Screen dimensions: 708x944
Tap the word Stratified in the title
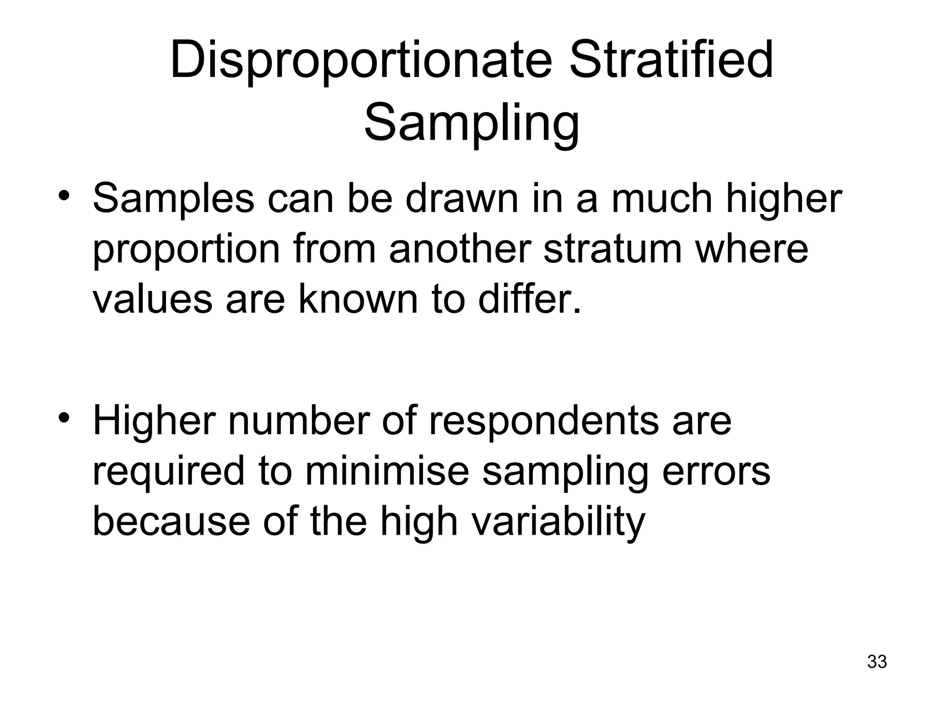[671, 60]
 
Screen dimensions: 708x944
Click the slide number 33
[877, 661]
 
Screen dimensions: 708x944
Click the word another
[460, 249]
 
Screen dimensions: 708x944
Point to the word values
[153, 300]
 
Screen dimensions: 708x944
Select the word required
[169, 472]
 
